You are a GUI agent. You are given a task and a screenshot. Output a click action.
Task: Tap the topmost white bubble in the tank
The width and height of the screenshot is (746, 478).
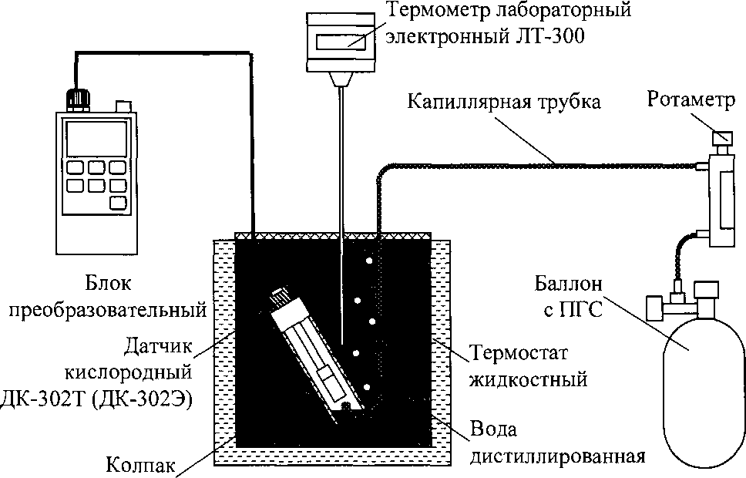(x=369, y=261)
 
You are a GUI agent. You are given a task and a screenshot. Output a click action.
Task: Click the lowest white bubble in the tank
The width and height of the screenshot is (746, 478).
(x=368, y=386)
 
